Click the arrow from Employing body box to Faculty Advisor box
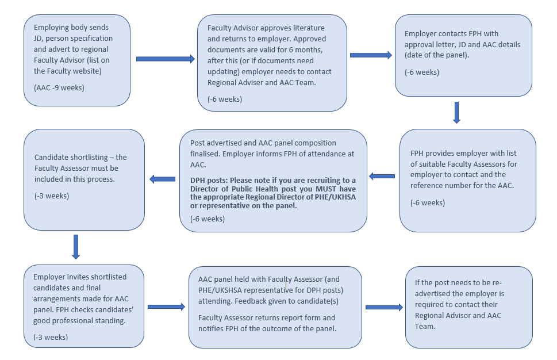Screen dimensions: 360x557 pos(166,59)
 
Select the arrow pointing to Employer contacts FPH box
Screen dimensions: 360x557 pos(371,55)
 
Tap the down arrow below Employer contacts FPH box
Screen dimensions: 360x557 pos(456,113)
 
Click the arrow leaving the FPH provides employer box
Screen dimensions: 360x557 pos(382,176)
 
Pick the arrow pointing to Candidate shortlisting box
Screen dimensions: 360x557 pos(162,179)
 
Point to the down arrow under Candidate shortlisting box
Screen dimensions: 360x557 pos(76,247)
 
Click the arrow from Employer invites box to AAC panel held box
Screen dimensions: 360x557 pos(165,307)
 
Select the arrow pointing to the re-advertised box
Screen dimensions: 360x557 pos(384,307)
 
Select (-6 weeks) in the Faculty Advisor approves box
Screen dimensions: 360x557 pos(225,99)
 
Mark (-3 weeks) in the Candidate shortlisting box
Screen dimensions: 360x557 pos(52,196)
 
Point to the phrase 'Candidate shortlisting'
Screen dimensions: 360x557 pos(72,158)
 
